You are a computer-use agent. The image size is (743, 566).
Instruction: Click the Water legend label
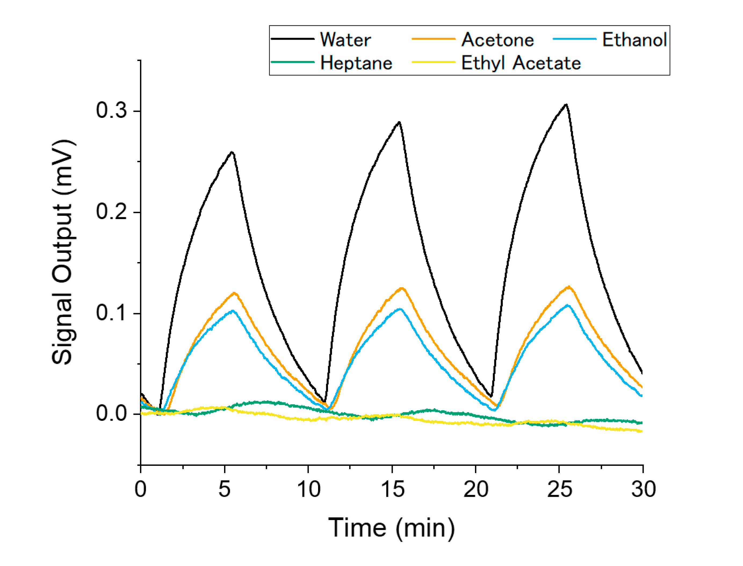(x=345, y=40)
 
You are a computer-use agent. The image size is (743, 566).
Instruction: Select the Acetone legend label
(x=497, y=40)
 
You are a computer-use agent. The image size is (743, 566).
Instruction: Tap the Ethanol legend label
(x=634, y=40)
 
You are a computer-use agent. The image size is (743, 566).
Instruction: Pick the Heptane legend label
(x=356, y=63)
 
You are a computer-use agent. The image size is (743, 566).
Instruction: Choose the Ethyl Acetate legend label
(x=521, y=63)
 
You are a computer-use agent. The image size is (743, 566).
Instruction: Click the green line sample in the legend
(x=293, y=62)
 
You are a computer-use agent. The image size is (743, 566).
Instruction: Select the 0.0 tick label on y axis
(x=111, y=413)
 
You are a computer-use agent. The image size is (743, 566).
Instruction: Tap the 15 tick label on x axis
(x=392, y=489)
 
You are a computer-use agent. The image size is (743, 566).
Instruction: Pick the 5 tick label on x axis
(x=224, y=489)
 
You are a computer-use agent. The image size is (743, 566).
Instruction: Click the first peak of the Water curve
(x=232, y=152)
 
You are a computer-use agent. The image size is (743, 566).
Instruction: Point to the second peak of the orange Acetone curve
(x=401, y=288)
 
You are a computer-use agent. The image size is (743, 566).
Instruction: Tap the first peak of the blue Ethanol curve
(x=233, y=311)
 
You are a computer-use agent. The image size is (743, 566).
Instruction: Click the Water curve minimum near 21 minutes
(x=491, y=396)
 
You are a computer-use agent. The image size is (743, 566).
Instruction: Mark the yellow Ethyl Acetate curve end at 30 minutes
(x=641, y=431)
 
